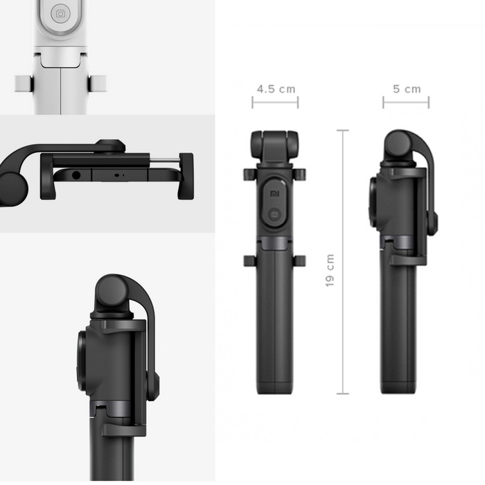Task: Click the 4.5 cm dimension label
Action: pyautogui.click(x=276, y=89)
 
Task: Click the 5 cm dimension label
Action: pyautogui.click(x=407, y=89)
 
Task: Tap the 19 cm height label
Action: pyautogui.click(x=330, y=270)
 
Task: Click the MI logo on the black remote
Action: pyautogui.click(x=274, y=194)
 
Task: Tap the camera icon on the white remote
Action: pyautogui.click(x=61, y=13)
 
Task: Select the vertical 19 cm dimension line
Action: pyautogui.click(x=343, y=262)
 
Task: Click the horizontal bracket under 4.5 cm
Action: pyautogui.click(x=275, y=102)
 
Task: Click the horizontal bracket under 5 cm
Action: pyautogui.click(x=406, y=102)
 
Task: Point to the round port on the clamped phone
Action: pyautogui.click(x=76, y=176)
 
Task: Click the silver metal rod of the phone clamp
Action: pyautogui.click(x=165, y=160)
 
